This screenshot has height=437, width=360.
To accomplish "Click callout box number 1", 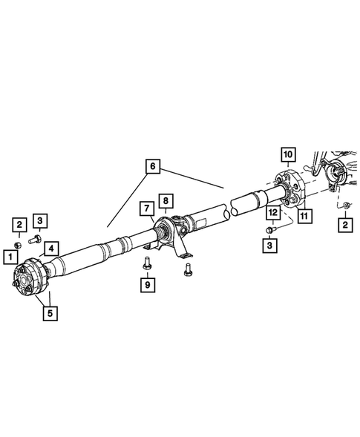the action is pyautogui.click(x=10, y=257).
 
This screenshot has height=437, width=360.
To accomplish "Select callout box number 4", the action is pyautogui.click(x=51, y=249).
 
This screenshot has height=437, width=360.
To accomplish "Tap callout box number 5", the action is pyautogui.click(x=50, y=313).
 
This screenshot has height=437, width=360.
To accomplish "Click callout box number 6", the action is pyautogui.click(x=153, y=166).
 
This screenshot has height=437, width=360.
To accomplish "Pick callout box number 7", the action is pyautogui.click(x=147, y=208).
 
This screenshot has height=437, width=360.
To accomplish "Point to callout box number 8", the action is pyautogui.click(x=166, y=200).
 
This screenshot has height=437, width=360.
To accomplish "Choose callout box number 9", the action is pyautogui.click(x=148, y=285).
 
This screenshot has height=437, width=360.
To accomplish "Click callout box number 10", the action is pyautogui.click(x=288, y=154).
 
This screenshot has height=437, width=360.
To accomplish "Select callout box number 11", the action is pyautogui.click(x=304, y=215).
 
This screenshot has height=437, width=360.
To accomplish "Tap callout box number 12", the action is pyautogui.click(x=273, y=213).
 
